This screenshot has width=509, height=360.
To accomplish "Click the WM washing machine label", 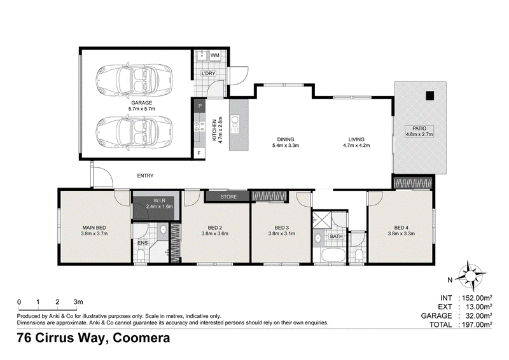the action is tap(215, 55).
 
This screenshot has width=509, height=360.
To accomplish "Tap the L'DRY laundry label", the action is tap(208, 73).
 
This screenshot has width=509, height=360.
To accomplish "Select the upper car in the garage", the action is tap(134, 80).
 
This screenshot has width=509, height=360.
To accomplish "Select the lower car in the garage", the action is tap(134, 133).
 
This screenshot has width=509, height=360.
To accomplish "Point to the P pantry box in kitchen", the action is tap(200, 106).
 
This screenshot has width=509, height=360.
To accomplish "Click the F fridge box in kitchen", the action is tap(199, 153).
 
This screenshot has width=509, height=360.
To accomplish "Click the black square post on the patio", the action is tap(430, 95).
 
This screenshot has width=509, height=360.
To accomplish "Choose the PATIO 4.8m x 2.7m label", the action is tap(419, 131).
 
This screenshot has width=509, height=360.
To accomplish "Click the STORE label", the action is tap(228, 197).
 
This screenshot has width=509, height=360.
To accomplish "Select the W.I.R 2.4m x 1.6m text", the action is tap(160, 204).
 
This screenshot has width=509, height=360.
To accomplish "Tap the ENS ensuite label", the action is tap(143, 243).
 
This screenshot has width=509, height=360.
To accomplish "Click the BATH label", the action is tap(336, 237).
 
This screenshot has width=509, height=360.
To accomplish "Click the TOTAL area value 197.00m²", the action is tap(477, 324).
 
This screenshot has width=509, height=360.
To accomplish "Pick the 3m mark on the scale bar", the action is tap(78, 301).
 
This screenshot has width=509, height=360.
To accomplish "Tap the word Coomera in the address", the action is tap(141, 338).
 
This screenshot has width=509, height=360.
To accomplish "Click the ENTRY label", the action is tap(145, 176).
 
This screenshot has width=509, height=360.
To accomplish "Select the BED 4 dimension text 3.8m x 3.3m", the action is tap(401, 233).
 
